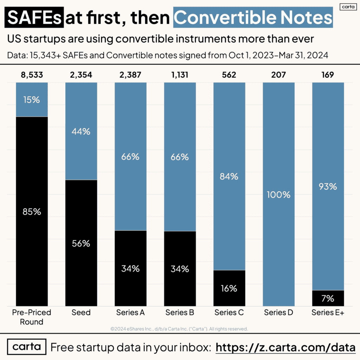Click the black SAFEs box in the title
(34, 17)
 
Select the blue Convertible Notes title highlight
(253, 17)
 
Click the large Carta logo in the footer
(27, 347)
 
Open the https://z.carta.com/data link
(285, 347)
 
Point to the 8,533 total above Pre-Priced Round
(32, 75)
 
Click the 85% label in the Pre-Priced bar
(32, 212)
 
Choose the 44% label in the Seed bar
(81, 131)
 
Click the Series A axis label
(130, 313)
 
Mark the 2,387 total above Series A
(130, 75)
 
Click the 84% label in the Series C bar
(229, 176)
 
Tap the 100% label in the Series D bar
(278, 194)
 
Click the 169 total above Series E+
(328, 75)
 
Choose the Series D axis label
(278, 313)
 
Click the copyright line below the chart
(179, 329)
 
